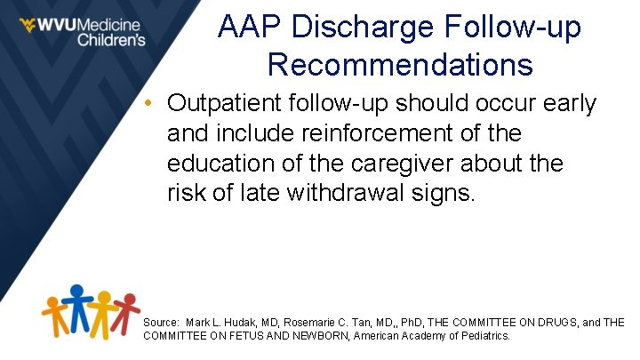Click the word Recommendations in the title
tap(399, 65)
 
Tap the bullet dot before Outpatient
tap(152, 104)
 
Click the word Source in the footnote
tap(160, 322)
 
